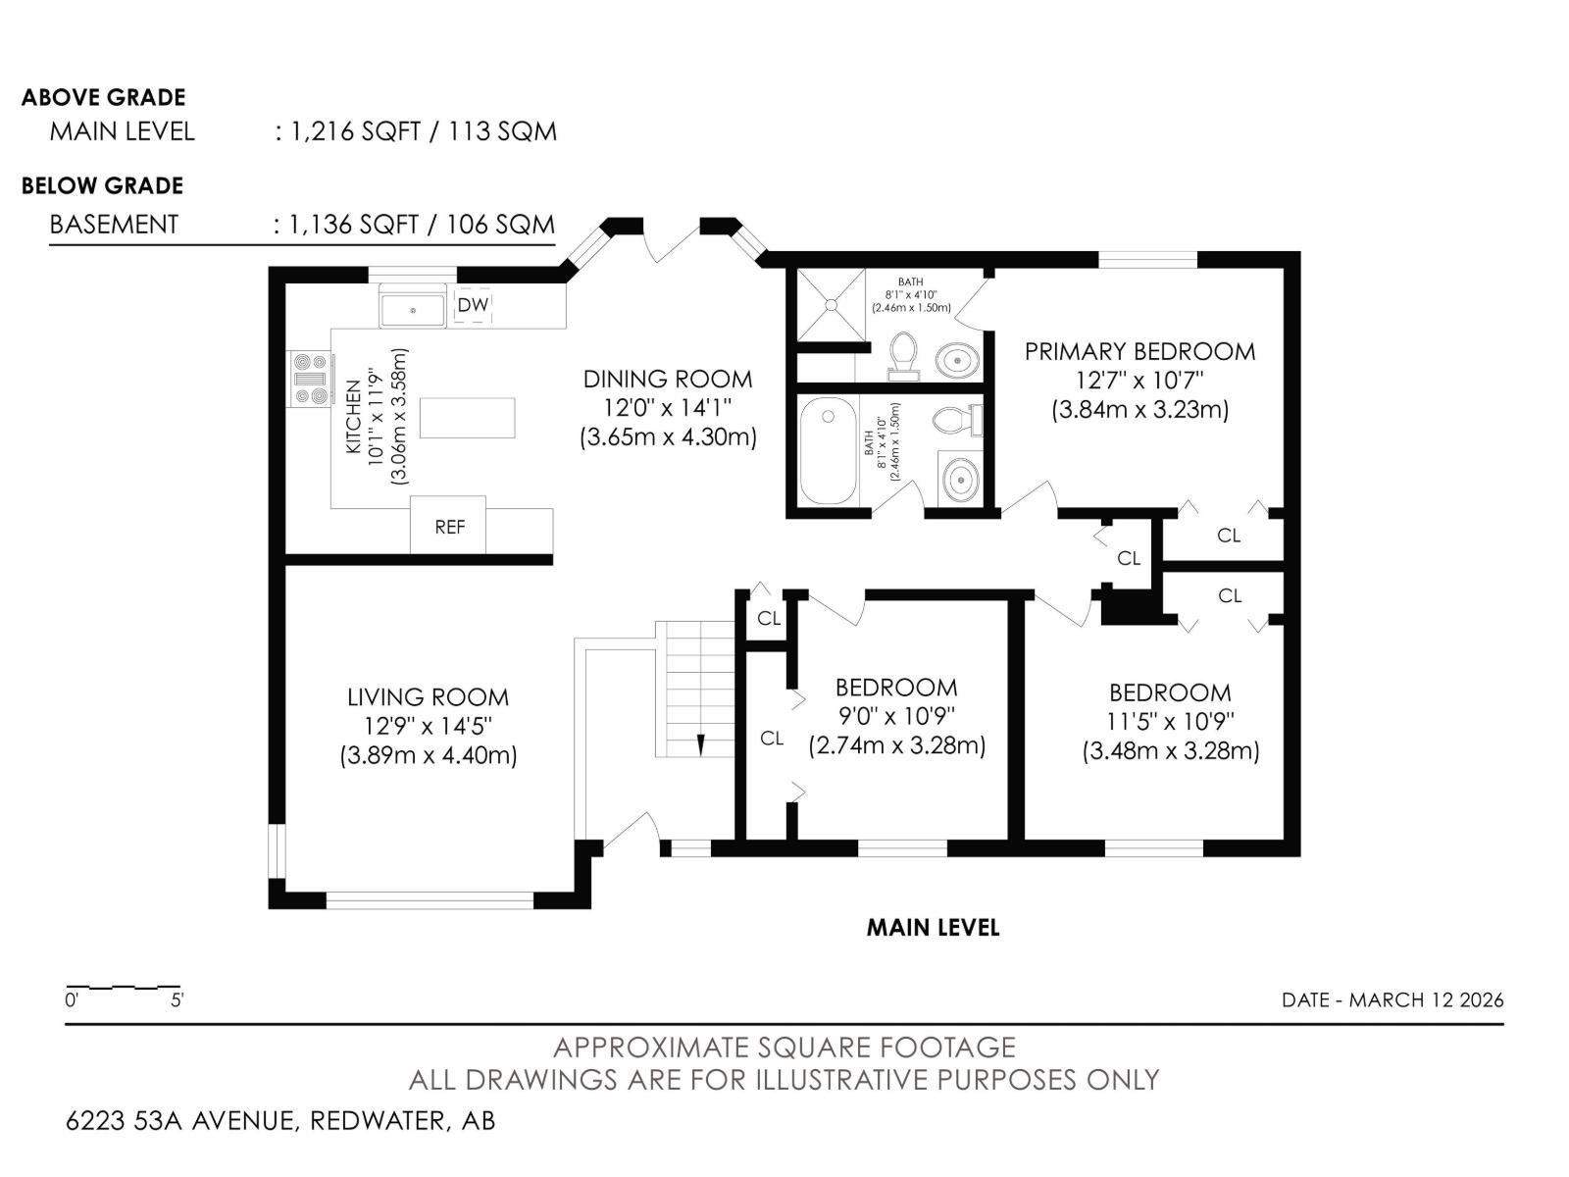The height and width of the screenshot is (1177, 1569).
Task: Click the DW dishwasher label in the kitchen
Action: (x=473, y=305)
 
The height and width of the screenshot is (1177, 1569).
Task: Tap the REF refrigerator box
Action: (x=448, y=525)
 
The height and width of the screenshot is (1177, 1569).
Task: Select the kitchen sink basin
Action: (x=412, y=310)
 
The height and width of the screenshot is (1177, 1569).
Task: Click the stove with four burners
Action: (x=310, y=379)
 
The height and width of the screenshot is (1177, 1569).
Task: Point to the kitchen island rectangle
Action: (x=468, y=418)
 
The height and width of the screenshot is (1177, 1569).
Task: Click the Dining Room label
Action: (x=668, y=379)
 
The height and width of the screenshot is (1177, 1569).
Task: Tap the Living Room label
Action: (x=428, y=696)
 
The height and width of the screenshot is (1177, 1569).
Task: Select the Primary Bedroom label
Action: (x=1139, y=351)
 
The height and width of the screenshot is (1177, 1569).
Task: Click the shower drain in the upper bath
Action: (x=832, y=305)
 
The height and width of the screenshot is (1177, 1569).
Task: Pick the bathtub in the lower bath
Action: (x=829, y=451)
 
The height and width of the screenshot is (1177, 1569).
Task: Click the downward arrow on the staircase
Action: (x=700, y=744)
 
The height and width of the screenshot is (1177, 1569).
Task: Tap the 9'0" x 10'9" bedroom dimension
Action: (x=896, y=717)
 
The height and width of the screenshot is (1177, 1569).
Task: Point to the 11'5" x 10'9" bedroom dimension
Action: (x=1170, y=722)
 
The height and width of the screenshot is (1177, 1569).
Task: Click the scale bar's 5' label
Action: (x=177, y=999)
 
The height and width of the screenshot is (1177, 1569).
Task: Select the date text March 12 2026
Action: (x=1426, y=999)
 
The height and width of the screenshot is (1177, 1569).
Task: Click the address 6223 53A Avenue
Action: (x=180, y=1120)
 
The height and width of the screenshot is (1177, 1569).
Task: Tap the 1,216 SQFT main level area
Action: (x=355, y=131)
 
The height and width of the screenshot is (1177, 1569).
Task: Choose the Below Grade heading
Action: (x=102, y=185)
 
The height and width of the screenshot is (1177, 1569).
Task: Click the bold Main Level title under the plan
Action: (x=933, y=928)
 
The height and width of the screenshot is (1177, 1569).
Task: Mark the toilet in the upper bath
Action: (x=903, y=355)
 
